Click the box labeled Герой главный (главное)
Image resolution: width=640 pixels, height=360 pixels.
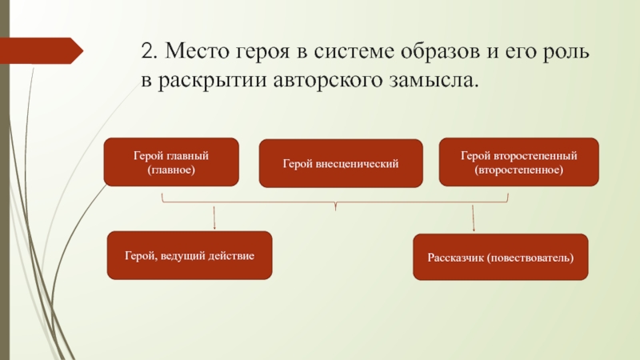[x=171, y=162]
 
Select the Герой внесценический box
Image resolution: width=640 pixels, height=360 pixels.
[x=340, y=163]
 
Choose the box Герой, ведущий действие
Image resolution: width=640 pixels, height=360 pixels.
[x=189, y=256]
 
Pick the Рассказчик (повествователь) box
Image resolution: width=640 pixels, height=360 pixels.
[x=500, y=257]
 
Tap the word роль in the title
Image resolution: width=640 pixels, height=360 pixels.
[x=566, y=53]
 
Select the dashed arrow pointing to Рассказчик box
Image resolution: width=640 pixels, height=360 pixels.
[x=474, y=218]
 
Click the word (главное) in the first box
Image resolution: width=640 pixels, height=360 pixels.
[x=171, y=170]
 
